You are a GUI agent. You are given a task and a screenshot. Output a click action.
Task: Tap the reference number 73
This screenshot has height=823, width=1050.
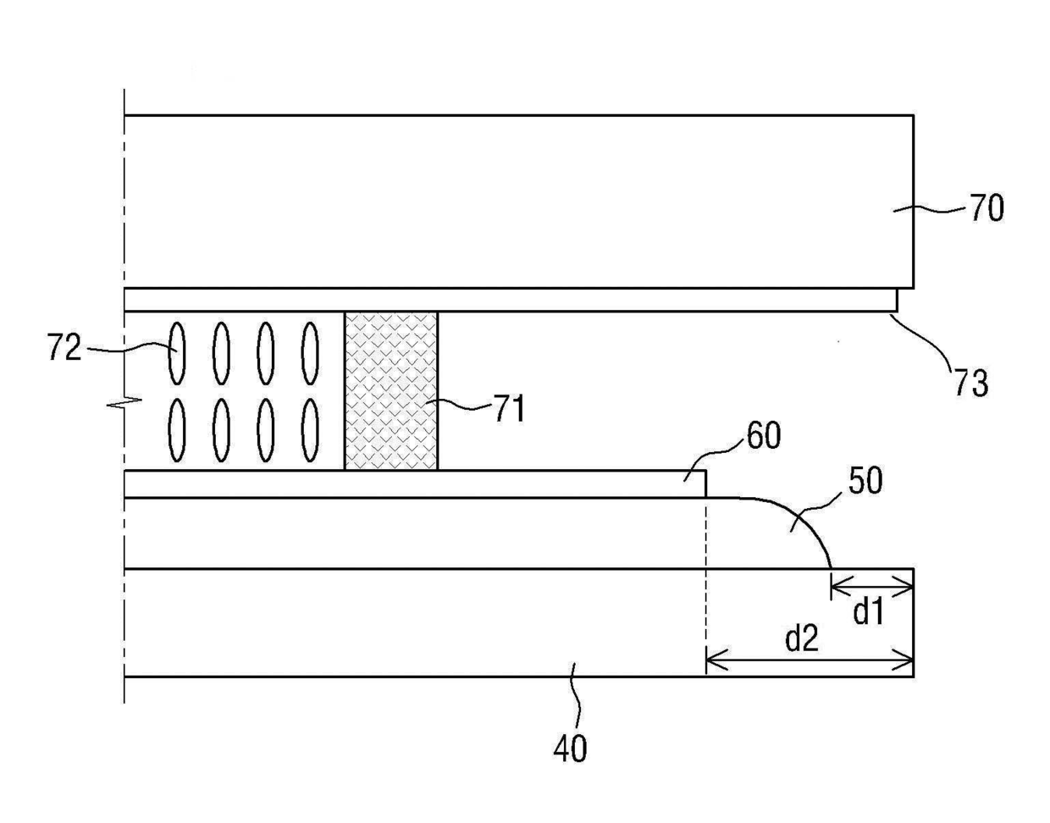pyautogui.click(x=970, y=383)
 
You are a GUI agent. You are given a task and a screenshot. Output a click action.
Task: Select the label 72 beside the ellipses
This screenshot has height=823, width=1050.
pyautogui.click(x=64, y=348)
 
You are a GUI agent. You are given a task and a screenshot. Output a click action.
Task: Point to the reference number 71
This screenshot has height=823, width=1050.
pyautogui.click(x=509, y=410)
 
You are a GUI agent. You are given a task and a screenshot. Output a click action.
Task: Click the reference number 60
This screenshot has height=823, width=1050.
pyautogui.click(x=763, y=436)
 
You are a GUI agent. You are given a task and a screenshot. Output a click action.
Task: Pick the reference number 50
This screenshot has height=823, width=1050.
pyautogui.click(x=864, y=480)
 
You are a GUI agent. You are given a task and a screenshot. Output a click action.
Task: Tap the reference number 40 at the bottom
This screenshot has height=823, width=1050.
pyautogui.click(x=570, y=748)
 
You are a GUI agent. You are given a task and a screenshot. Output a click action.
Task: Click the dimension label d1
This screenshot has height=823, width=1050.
pyautogui.click(x=869, y=611)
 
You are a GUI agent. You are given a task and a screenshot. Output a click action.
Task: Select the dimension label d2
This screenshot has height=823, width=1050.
pyautogui.click(x=802, y=639)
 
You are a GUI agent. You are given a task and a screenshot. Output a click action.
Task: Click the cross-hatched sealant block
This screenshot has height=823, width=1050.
pyautogui.click(x=391, y=390)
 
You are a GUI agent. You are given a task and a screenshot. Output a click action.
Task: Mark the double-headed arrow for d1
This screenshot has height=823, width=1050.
pyautogui.click(x=872, y=584)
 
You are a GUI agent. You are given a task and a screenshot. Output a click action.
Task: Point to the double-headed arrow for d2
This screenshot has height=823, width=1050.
pyautogui.click(x=810, y=659)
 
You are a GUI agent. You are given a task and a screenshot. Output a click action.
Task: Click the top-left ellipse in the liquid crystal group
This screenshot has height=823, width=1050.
pyautogui.click(x=176, y=352)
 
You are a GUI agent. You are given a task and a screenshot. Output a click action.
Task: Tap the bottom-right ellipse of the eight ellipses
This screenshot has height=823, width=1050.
pyautogui.click(x=311, y=429)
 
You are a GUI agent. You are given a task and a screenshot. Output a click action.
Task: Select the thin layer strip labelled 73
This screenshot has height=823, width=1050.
pyautogui.click(x=508, y=300)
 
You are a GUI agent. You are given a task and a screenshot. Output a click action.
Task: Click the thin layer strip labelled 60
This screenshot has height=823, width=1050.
pyautogui.click(x=415, y=483)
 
